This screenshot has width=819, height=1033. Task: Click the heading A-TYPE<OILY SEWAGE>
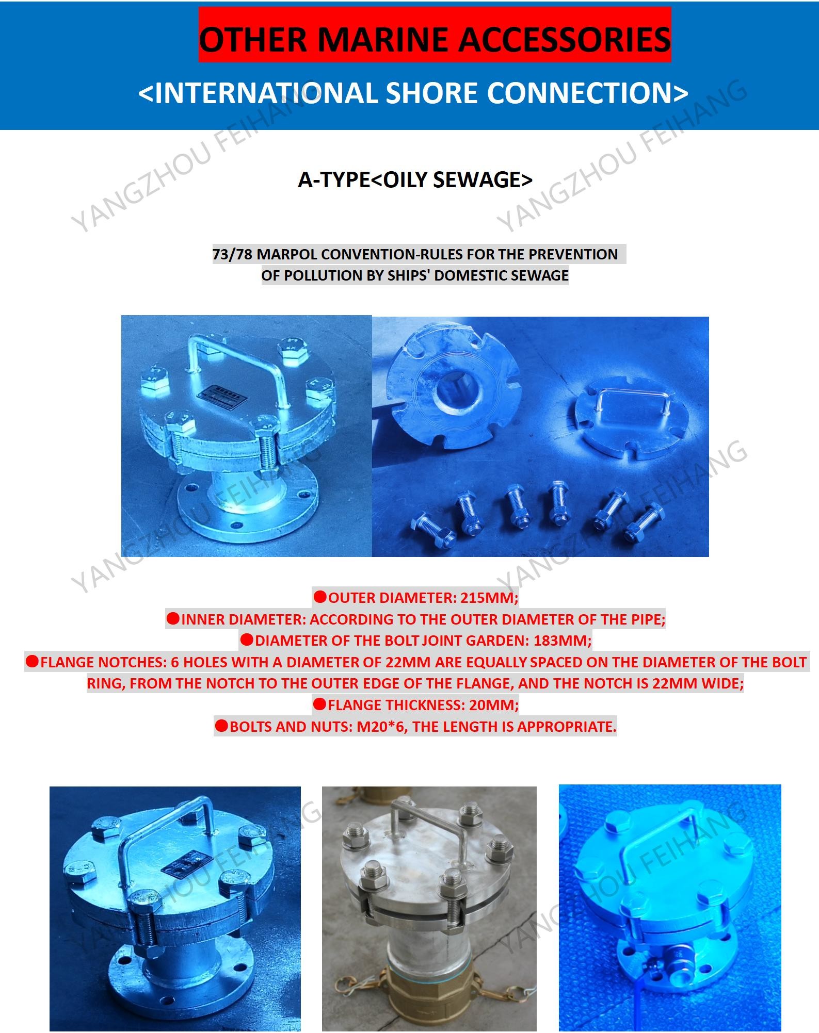pyautogui.click(x=415, y=179)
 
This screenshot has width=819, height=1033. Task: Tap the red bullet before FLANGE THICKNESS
pyautogui.click(x=319, y=704)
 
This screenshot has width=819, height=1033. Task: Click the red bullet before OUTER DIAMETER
pyautogui.click(x=320, y=597)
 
